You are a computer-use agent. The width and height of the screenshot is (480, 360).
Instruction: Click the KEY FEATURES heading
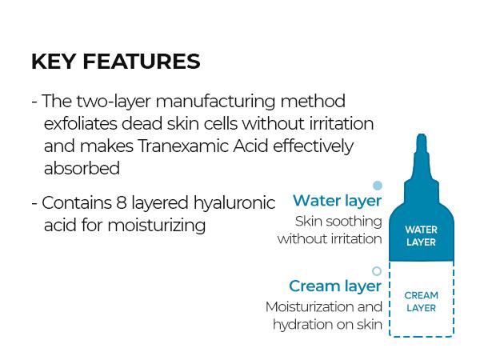pos(115,62)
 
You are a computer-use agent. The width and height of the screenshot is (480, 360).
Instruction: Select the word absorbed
pos(82,169)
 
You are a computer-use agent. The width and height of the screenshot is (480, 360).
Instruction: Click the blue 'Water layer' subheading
pos(337,201)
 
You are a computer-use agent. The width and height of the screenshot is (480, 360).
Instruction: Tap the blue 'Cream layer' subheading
pos(335,286)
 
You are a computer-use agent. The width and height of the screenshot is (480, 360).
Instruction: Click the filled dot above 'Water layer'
pos(378,186)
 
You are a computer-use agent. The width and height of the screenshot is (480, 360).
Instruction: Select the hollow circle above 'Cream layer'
pos(377,271)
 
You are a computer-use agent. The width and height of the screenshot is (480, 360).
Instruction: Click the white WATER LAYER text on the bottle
pos(421,236)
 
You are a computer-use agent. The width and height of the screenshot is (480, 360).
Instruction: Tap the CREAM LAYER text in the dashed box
pos(421,302)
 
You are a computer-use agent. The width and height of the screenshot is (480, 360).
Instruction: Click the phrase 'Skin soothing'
pos(338,222)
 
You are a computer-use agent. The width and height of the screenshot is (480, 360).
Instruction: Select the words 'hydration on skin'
pos(327,325)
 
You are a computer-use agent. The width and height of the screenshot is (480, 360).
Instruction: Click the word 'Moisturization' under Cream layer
pos(313,307)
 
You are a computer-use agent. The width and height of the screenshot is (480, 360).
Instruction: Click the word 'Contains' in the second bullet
pos(73,203)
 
